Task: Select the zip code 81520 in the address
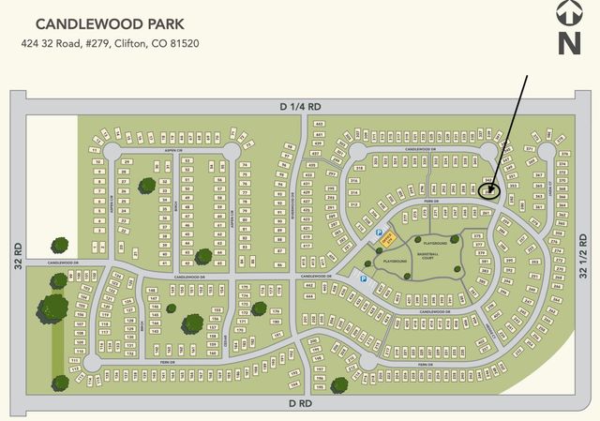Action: pyautogui.click(x=182, y=43)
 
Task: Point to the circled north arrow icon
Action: pyautogui.click(x=569, y=12)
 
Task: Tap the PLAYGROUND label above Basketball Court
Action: pyautogui.click(x=430, y=218)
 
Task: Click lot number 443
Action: pyautogui.click(x=319, y=124)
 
